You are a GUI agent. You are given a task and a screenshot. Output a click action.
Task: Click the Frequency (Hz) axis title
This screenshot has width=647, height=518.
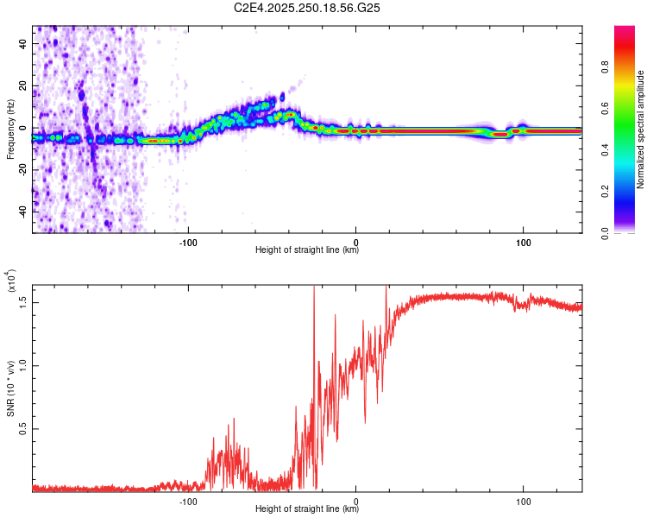(x=10, y=129)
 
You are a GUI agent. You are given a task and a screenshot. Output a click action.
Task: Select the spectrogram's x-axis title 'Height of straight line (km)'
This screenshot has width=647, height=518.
(x=307, y=251)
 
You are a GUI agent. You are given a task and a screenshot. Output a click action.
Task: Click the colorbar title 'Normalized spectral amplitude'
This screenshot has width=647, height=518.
(x=641, y=129)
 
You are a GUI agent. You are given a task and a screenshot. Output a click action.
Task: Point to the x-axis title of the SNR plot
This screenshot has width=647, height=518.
(x=307, y=510)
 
